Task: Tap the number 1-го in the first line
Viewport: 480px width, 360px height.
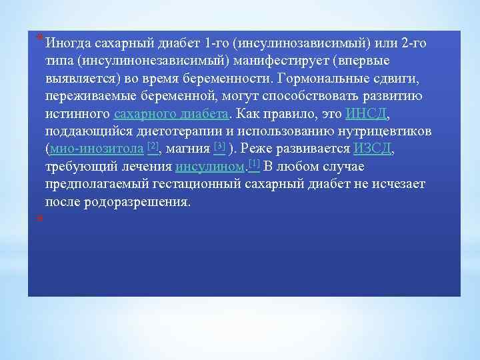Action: point(217,44)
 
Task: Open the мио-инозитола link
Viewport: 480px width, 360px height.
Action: point(97,148)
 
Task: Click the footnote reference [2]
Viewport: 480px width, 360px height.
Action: point(153,146)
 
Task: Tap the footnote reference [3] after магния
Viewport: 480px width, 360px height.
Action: point(219,146)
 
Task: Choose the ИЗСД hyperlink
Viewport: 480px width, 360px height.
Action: point(373,148)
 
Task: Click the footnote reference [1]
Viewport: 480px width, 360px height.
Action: point(253,164)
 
